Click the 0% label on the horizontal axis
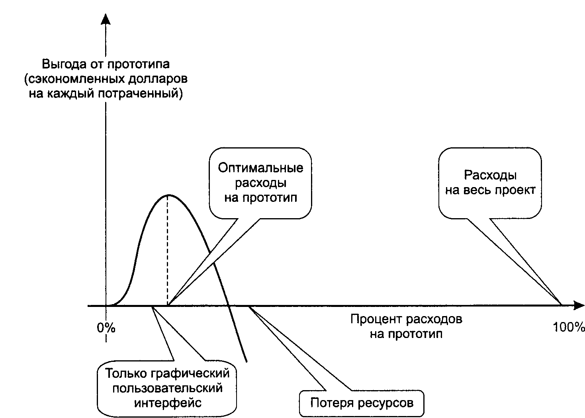pyautogui.click(x=106, y=328)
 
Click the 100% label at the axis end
pyautogui.click(x=569, y=327)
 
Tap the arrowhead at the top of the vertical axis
pyautogui.click(x=106, y=19)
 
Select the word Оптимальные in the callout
pyautogui.click(x=260, y=168)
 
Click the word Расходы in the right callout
pyautogui.click(x=490, y=175)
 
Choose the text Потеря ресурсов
pyautogui.click(x=362, y=403)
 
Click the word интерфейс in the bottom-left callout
pyautogui.click(x=168, y=402)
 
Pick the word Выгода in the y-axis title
pyautogui.click(x=64, y=64)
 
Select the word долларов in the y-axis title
pyautogui.click(x=158, y=79)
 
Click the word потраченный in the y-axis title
pyautogui.click(x=141, y=94)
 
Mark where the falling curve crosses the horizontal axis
pyautogui.click(x=229, y=305)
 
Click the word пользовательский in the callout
pyautogui.click(x=167, y=388)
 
